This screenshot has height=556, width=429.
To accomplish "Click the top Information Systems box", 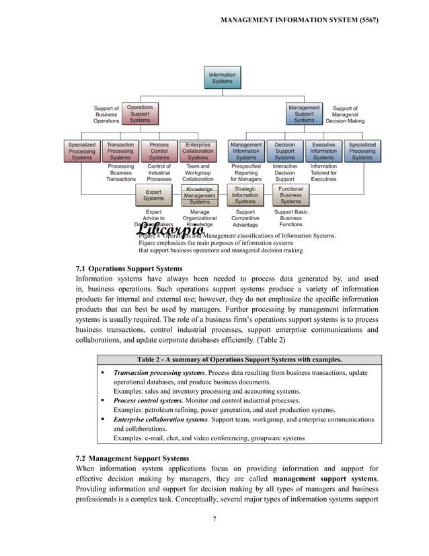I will [x=222, y=77].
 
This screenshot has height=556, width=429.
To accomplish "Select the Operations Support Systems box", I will [x=140, y=114].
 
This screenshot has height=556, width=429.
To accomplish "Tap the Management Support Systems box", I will [x=304, y=114].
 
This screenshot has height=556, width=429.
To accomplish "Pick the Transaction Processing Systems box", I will [x=120, y=151].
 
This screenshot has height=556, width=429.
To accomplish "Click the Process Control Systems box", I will [x=159, y=151].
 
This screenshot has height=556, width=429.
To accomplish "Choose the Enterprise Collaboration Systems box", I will [x=198, y=151].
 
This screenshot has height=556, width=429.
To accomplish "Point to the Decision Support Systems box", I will [x=284, y=151].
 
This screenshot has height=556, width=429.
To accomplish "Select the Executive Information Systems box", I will [x=323, y=151].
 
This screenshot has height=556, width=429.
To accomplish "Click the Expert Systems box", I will [x=153, y=195].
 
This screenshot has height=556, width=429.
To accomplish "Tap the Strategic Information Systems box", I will [x=245, y=195].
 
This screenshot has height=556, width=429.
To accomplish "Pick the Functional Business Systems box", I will [x=290, y=195].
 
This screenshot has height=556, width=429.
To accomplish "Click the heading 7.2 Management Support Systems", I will [x=132, y=458].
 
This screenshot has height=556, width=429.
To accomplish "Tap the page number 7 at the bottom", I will [x=214, y=518].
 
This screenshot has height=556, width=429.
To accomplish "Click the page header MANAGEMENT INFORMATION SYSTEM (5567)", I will [x=300, y=21].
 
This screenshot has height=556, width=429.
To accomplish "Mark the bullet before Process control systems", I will [x=104, y=400].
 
